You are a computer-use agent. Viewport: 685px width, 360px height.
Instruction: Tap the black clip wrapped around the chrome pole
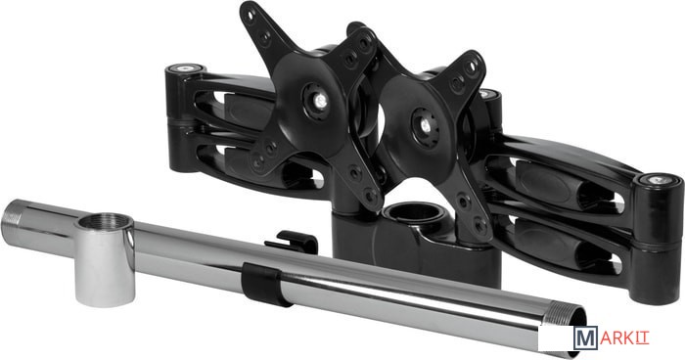264,285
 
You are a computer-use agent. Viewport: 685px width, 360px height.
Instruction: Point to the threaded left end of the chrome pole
11,224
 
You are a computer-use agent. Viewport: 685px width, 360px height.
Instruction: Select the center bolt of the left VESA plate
321,102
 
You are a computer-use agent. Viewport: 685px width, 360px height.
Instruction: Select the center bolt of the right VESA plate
425,126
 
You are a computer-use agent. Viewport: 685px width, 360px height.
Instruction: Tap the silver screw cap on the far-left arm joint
186,68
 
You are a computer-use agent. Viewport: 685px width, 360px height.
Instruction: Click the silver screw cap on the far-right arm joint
657,180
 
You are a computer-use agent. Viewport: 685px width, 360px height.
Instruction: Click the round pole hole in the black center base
413,212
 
